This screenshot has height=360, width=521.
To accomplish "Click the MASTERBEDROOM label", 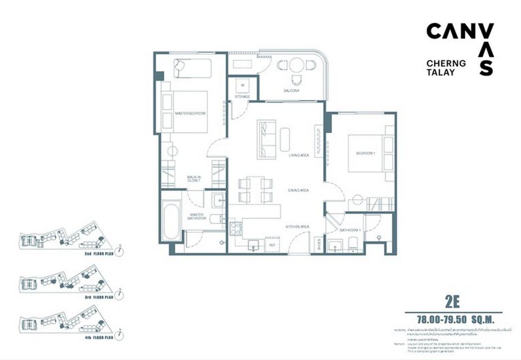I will [190, 113].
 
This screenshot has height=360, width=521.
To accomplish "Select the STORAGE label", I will [242, 96].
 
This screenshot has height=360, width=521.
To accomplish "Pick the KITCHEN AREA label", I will [298, 226].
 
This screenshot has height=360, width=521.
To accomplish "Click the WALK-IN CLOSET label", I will [194, 179].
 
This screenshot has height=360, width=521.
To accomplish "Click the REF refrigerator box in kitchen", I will [272, 245].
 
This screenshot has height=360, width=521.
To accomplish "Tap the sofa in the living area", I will [267, 139].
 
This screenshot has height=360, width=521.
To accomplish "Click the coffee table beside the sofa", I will [285, 139].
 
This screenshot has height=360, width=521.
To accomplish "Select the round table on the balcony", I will [297, 66].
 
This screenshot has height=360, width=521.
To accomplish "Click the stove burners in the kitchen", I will [236, 228].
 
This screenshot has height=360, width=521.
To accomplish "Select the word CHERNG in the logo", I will [446, 64].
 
